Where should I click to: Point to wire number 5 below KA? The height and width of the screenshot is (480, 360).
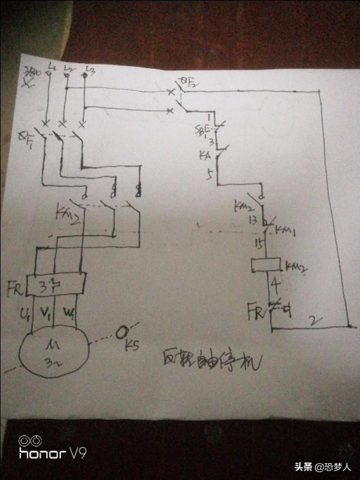point(209,175)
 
